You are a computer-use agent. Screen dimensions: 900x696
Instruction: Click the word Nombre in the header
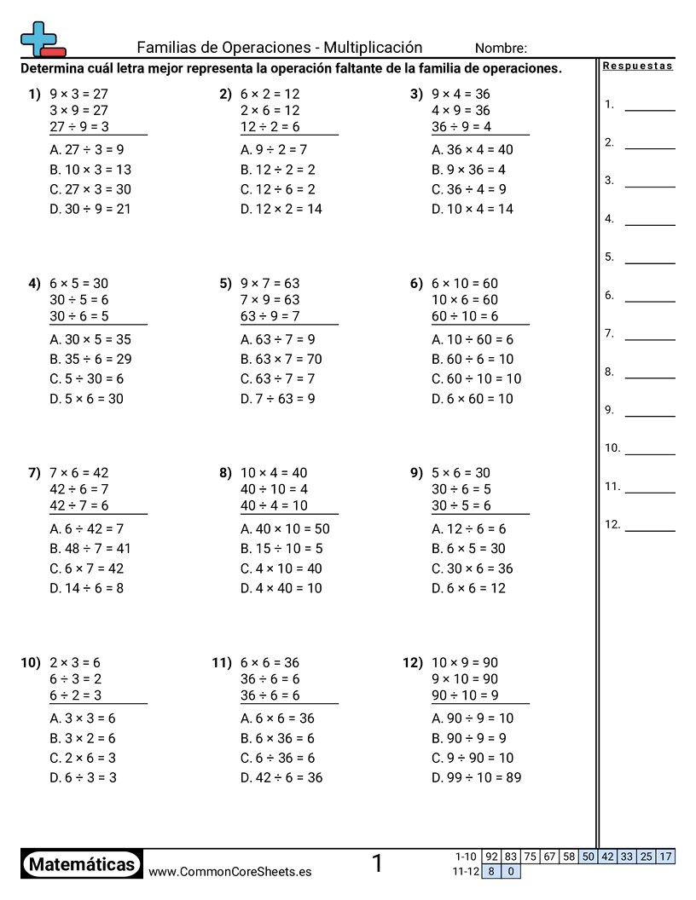coord(501,49)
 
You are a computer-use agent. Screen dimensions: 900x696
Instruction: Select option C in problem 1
coord(90,189)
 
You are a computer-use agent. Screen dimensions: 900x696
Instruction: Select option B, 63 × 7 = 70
coord(281,359)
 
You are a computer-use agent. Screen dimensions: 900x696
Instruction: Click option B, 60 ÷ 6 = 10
coord(473,359)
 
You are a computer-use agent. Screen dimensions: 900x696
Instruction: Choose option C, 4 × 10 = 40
coord(281,568)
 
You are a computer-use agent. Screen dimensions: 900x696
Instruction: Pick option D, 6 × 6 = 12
coord(468,588)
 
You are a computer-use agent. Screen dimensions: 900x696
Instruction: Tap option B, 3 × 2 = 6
coord(83,738)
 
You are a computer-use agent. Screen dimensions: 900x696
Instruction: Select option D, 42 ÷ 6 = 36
coord(281,777)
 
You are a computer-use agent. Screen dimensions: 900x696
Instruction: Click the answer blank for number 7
coord(649,338)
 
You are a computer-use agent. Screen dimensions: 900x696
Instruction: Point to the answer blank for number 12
coord(649,529)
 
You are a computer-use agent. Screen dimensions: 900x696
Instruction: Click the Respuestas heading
coord(637,66)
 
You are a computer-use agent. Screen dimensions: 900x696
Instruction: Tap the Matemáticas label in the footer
coord(82,865)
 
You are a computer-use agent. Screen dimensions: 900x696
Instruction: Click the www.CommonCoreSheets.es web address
coord(229,871)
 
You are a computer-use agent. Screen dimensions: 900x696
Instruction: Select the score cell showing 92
coord(491,857)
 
